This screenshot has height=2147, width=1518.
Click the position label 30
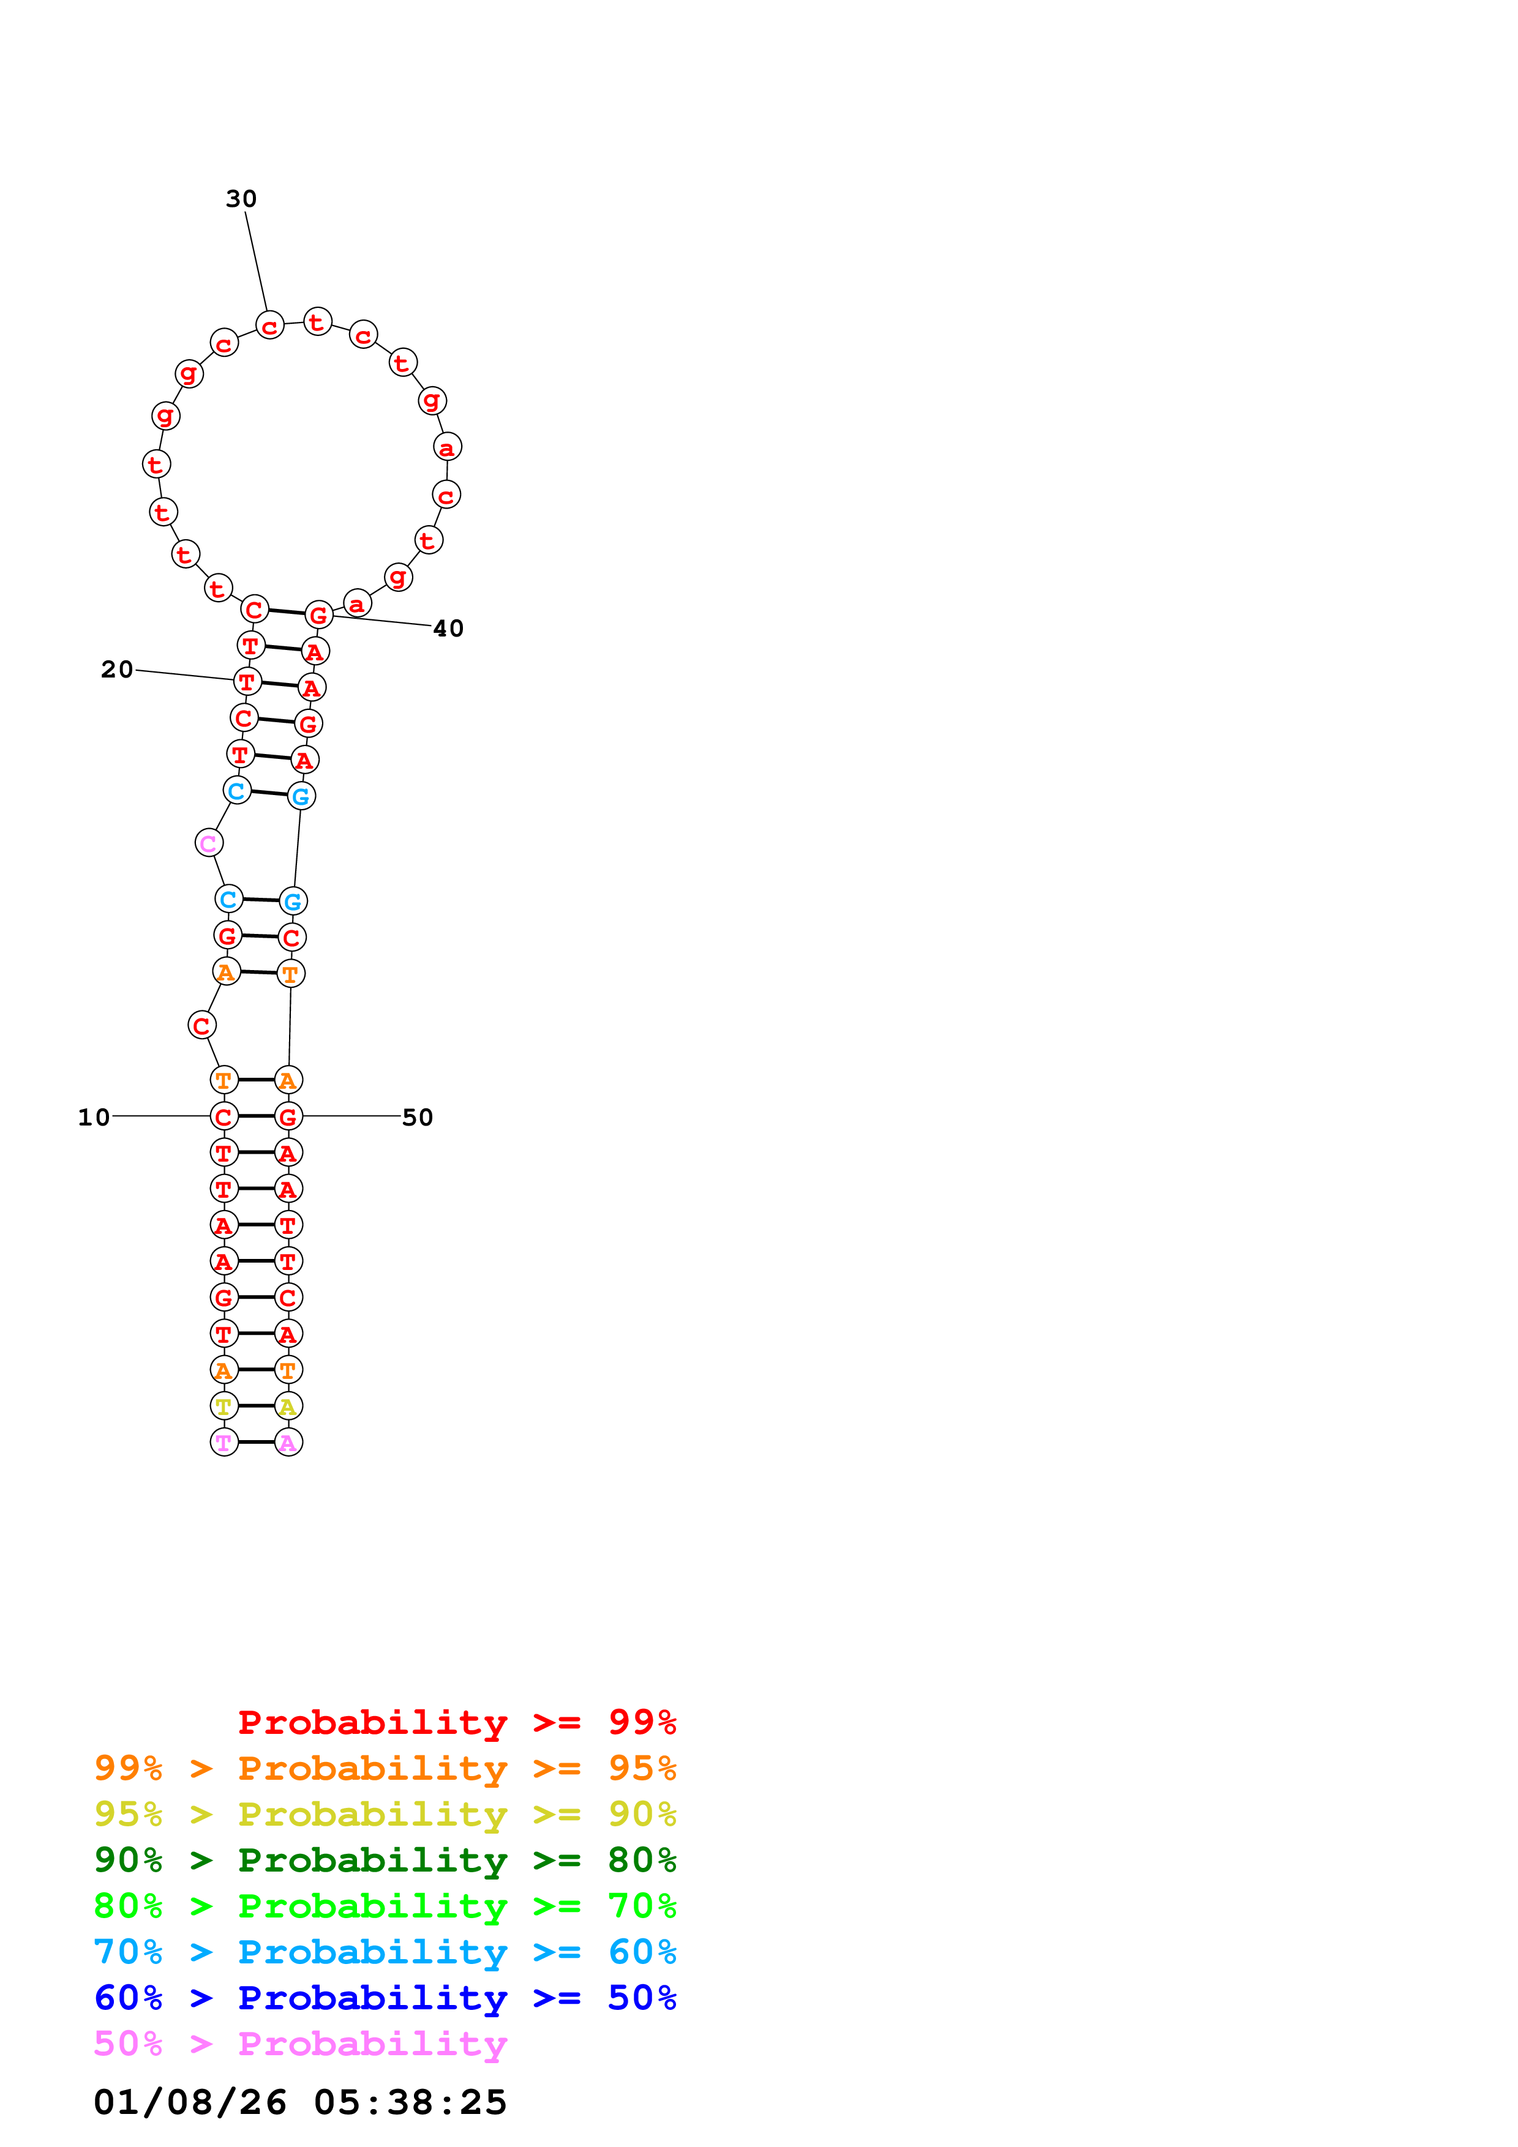pos(241,199)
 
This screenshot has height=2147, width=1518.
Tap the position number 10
pos(94,1118)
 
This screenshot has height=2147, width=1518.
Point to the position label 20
pos(117,670)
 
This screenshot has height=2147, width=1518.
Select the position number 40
pos(448,629)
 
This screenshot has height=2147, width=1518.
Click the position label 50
pos(417,1118)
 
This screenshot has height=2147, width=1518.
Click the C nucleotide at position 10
pos(224,1116)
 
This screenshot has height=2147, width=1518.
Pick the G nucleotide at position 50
pos(288,1116)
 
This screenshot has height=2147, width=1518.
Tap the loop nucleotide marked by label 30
pos(269,326)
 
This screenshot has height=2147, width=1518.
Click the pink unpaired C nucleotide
pos(209,843)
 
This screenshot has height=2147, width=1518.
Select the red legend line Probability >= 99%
pos(456,1722)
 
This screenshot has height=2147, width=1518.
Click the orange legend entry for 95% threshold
pos(385,1768)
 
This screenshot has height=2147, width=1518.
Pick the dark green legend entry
pos(385,1860)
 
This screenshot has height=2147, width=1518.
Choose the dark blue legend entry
pos(385,1998)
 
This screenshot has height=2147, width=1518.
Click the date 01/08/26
pos(190,2102)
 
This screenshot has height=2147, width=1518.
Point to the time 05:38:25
pos(410,2102)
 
